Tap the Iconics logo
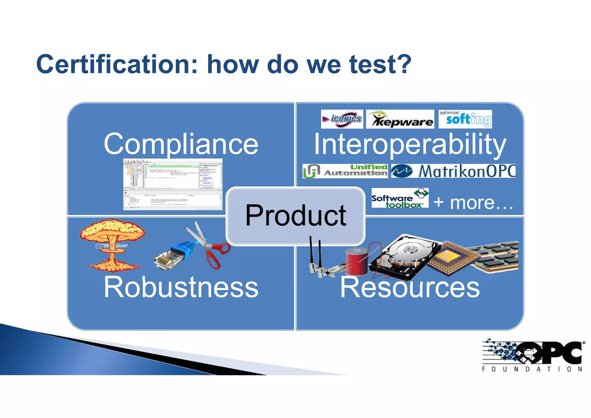click(342, 119)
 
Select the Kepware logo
click(400, 119)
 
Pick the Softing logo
click(465, 119)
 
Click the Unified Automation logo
click(345, 171)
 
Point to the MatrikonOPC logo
click(453, 171)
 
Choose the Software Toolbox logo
click(400, 198)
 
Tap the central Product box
click(295, 216)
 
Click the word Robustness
click(181, 287)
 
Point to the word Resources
click(410, 287)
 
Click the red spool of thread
click(357, 261)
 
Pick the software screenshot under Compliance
click(173, 184)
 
